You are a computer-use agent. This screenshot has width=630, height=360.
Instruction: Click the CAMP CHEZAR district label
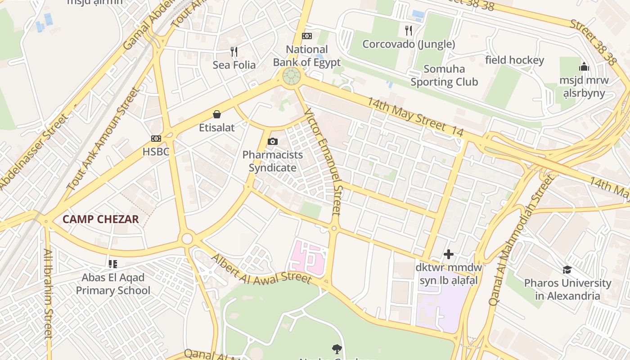coord(100,220)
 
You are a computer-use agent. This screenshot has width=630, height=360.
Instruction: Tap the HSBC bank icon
coord(156,139)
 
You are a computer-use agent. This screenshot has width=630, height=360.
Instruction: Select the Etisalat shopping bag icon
coord(217,114)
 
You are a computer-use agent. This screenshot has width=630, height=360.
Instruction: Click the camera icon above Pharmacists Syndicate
coord(272,142)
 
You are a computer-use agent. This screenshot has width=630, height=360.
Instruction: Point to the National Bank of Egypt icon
coord(307,36)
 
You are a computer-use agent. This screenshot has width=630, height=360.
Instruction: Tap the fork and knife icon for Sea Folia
coord(234,52)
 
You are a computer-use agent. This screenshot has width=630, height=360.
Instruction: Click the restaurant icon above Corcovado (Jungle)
coord(409,31)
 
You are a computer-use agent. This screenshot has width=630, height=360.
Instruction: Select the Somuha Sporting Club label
coord(444,76)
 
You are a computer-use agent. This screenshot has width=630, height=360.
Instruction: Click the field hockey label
coord(514,60)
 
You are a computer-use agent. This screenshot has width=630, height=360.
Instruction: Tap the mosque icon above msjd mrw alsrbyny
coord(584,67)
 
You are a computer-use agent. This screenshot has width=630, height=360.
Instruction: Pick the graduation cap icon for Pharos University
coord(567,270)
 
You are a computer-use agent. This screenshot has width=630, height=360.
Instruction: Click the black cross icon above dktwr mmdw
coord(448,254)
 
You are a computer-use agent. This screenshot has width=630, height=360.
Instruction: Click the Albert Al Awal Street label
coord(261,270)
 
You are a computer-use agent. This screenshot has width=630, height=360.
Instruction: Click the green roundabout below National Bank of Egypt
coord(292,76)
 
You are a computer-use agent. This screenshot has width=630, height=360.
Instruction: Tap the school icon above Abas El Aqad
coord(112,264)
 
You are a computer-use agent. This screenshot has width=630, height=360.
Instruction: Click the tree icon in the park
coord(336,349)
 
